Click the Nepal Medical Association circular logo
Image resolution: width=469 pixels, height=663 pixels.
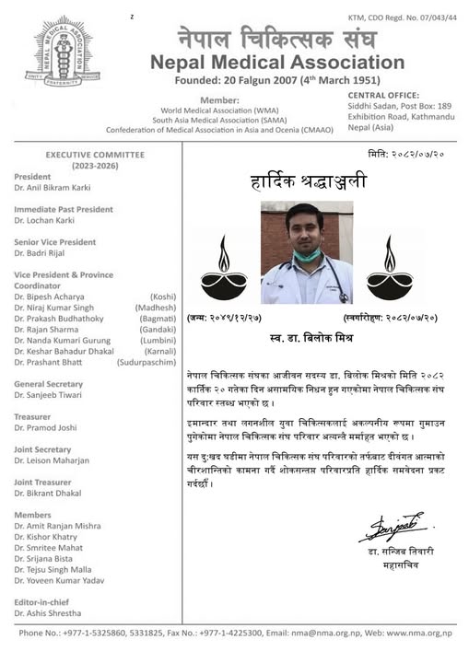pyautogui.click(x=64, y=51)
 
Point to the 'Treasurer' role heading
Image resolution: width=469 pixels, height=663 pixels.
pyautogui.click(x=32, y=416)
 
